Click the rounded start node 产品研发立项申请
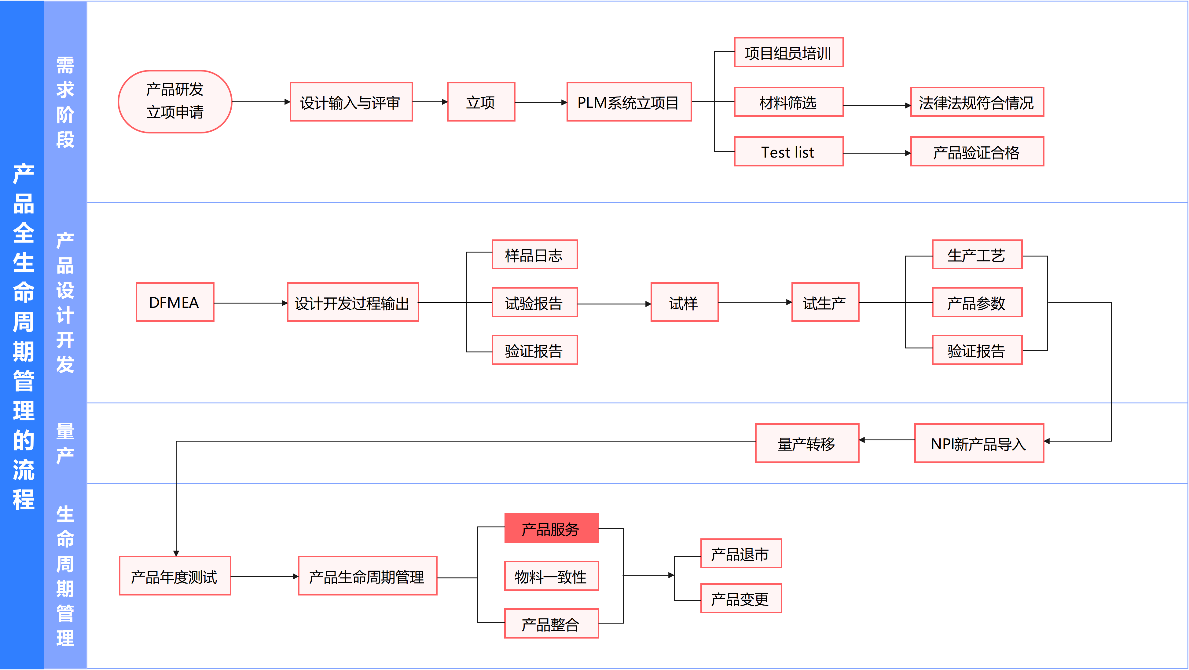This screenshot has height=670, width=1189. pos(175,101)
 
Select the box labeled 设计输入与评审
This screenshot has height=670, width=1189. pos(351,102)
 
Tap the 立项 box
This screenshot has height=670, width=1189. pos(481,102)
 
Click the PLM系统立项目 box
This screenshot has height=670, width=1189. pos(629,102)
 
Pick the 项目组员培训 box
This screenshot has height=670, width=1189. pos(788,53)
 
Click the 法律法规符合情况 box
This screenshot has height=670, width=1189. pos(977,102)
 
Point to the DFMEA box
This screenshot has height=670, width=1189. pos(175,302)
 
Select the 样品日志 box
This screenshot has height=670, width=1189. pos(534,255)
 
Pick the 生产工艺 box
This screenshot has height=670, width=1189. pos(977,255)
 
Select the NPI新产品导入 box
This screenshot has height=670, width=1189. pos(978,443)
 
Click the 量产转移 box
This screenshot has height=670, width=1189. pos(807,443)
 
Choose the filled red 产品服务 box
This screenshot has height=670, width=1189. pos(551,528)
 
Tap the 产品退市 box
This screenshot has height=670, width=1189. pos(741,553)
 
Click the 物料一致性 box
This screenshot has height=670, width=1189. pos(551,576)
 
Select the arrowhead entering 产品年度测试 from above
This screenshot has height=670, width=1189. pos(176,552)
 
